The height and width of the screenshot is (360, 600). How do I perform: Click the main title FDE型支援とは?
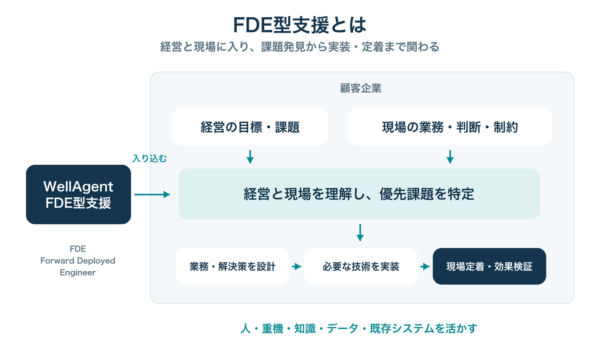pyautogui.click(x=300, y=25)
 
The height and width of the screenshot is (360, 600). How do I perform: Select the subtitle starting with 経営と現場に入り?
pyautogui.click(x=300, y=47)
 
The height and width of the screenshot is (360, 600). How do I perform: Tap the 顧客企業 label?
pyautogui.click(x=360, y=88)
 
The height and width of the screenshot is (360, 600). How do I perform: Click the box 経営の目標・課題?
pyautogui.click(x=250, y=127)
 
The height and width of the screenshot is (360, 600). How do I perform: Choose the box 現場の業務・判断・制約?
pyautogui.click(x=450, y=127)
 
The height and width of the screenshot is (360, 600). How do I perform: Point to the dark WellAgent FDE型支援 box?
pyautogui.click(x=78, y=194)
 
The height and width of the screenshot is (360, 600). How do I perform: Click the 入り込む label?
pyautogui.click(x=150, y=158)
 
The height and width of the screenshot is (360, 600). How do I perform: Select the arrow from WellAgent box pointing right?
pyautogui.click(x=152, y=194)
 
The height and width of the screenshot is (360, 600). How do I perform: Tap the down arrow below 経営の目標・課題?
pyautogui.click(x=250, y=157)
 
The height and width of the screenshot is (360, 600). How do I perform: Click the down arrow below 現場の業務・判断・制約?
pyautogui.click(x=450, y=157)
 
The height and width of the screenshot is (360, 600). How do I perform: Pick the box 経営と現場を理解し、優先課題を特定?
pyautogui.click(x=359, y=194)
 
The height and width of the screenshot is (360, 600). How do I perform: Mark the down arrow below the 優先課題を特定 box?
pyautogui.click(x=360, y=232)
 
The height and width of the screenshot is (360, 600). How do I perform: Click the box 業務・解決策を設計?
pyautogui.click(x=232, y=266)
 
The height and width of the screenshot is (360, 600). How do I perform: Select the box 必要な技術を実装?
pyautogui.click(x=361, y=266)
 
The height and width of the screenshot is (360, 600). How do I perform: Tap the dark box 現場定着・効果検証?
pyautogui.click(x=489, y=266)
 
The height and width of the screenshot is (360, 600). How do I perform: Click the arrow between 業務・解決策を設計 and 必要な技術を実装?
pyautogui.click(x=296, y=266)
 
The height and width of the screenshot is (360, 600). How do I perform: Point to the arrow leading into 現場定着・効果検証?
pyautogui.click(x=425, y=266)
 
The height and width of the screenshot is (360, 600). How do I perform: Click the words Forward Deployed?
pyautogui.click(x=78, y=261)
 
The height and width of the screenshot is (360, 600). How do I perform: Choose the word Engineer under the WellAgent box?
pyautogui.click(x=78, y=273)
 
